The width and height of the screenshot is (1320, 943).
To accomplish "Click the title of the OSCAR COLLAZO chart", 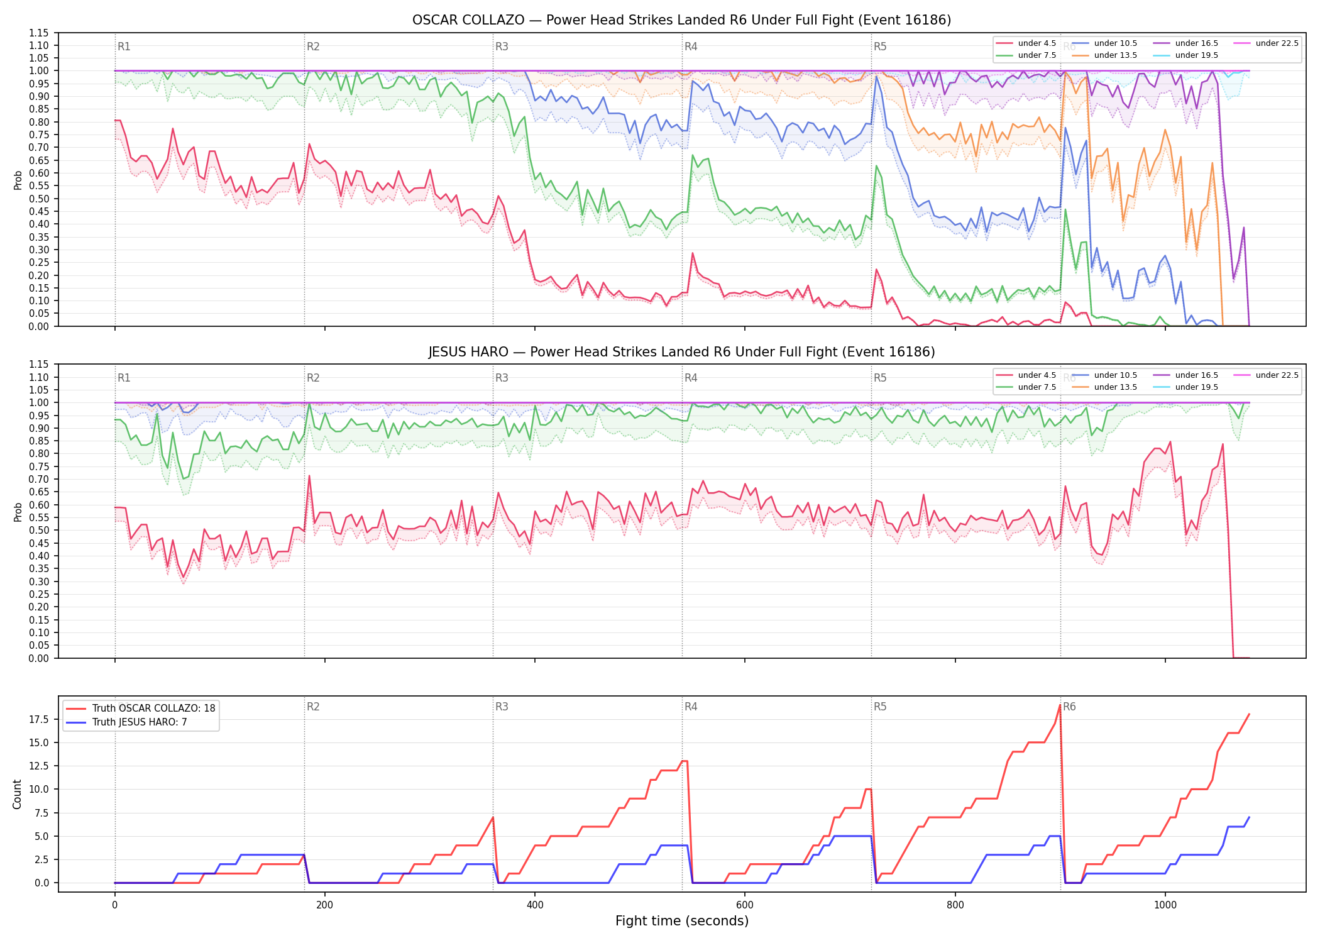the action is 681,20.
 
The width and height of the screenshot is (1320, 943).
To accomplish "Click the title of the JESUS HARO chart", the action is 681,352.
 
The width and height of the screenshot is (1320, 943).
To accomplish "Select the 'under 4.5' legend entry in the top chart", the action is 1026,43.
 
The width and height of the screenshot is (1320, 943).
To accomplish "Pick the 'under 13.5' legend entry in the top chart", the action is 1105,55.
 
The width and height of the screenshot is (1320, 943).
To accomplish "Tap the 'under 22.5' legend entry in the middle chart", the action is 1266,375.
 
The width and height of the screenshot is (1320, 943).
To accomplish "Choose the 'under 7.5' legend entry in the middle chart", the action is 1026,387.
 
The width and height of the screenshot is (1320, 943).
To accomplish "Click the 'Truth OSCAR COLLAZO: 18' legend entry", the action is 141,708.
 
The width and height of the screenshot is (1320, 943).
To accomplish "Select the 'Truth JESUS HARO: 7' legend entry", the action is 127,722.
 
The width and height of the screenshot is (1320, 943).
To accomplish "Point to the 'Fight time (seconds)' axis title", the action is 682,921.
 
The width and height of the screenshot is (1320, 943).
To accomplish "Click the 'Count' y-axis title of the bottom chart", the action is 17,794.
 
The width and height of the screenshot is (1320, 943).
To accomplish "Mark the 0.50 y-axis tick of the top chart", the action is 39,199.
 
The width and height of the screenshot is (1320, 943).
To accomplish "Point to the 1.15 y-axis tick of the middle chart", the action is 39,365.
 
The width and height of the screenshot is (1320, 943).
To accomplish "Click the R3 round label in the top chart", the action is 502,47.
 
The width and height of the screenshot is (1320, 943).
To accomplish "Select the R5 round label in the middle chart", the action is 880,378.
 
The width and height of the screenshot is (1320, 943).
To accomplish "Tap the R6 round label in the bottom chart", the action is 1069,707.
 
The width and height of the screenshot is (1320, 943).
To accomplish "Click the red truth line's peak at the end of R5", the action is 1060,705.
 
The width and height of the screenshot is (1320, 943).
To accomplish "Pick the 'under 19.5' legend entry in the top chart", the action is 1185,55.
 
